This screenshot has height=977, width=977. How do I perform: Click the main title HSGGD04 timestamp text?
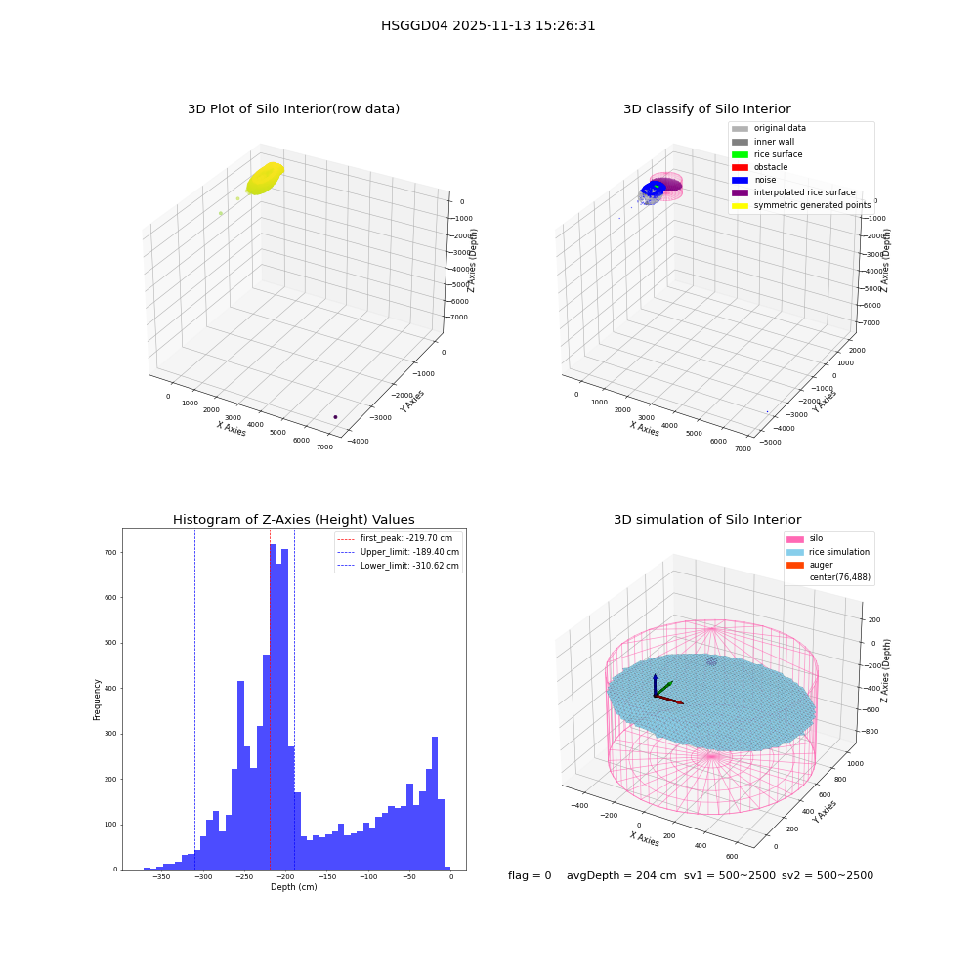tap(488, 25)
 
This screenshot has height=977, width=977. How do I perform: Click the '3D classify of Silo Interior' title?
tap(707, 109)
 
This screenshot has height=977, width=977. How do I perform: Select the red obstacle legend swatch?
tap(740, 167)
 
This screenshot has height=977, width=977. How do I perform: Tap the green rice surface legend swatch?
tap(740, 154)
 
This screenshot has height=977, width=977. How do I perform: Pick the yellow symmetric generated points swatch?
tap(740, 205)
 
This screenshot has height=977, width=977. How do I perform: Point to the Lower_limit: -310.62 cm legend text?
tap(409, 566)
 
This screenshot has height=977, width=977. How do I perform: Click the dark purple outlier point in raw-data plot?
tap(335, 417)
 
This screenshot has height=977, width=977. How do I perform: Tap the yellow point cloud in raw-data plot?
tap(265, 178)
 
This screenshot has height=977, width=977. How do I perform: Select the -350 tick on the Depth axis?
tap(161, 877)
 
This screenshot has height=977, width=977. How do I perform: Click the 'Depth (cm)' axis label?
tap(293, 887)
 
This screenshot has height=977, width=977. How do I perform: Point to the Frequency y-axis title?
tap(97, 700)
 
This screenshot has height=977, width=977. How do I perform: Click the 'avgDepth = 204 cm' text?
tap(621, 875)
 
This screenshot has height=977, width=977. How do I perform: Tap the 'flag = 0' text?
tap(530, 875)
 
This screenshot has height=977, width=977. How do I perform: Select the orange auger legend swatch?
tap(795, 565)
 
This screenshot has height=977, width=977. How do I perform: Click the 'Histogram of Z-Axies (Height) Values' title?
tap(293, 520)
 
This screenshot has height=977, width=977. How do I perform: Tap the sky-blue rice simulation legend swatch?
tap(795, 552)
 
